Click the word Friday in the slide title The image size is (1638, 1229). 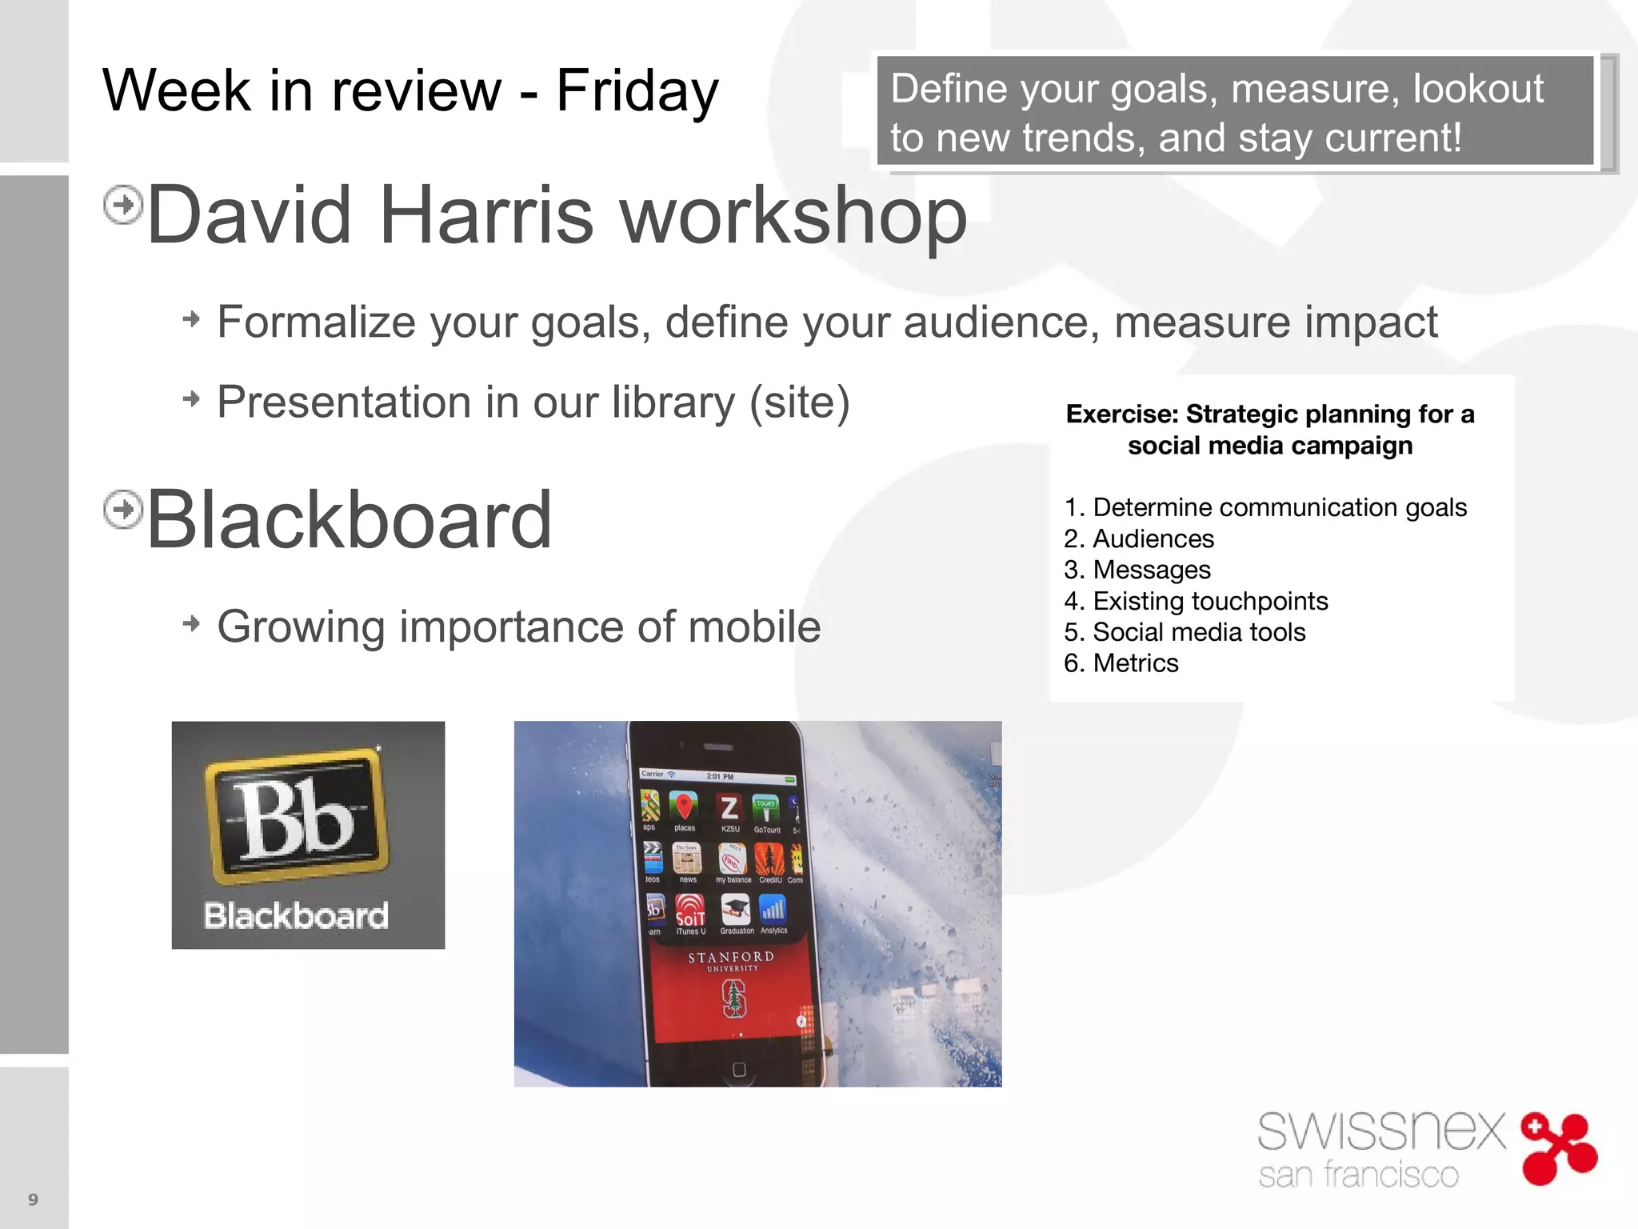pos(637,90)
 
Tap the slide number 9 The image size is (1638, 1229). pos(33,1199)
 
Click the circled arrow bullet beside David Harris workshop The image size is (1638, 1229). pos(123,205)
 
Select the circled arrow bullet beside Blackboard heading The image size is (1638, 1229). pos(123,510)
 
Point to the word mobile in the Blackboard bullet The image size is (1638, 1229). pos(754,627)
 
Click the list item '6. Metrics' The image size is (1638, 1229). pos(1121,663)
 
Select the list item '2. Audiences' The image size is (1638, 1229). pos(1138,538)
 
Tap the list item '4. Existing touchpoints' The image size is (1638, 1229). pos(1196,601)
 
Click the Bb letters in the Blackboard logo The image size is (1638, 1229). pos(295,818)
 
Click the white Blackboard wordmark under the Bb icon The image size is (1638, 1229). pos(296,915)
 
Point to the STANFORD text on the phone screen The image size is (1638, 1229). pos(731,957)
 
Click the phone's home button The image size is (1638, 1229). pos(739,1070)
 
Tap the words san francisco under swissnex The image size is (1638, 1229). pos(1358,1175)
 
